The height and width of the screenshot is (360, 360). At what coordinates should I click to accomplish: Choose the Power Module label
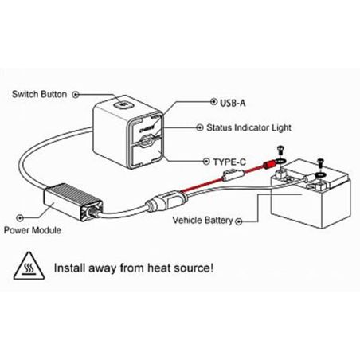click(33, 230)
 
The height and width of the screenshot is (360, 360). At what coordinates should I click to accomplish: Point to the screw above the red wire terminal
click(281, 151)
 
